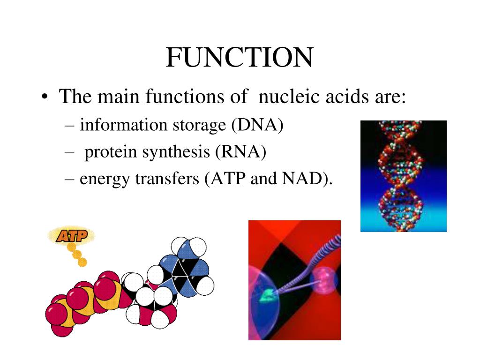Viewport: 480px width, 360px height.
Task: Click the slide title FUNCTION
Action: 239,58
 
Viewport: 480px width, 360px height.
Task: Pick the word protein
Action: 110,152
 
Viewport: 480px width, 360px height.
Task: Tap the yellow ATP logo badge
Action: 71,236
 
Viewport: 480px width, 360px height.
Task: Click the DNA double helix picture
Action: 403,176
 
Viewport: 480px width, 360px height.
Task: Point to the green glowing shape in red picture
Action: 268,294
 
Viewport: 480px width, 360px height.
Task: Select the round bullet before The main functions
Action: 45,98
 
